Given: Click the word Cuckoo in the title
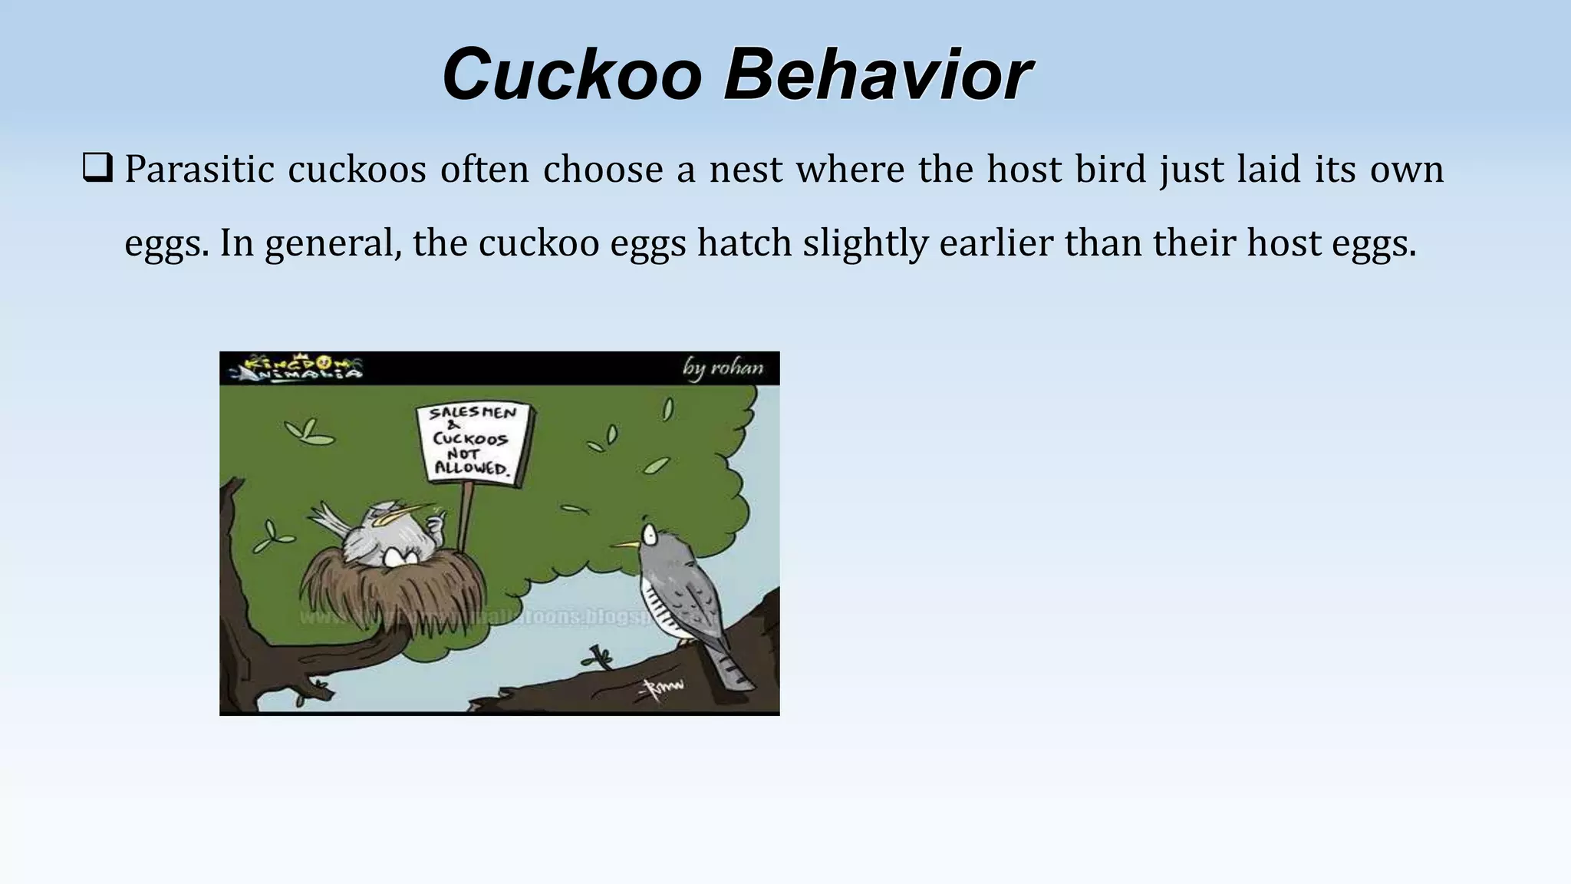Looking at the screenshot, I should [572, 74].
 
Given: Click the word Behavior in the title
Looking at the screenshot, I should [878, 74].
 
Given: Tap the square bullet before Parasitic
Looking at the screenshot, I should [97, 168].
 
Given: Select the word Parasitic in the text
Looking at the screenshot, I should [199, 169].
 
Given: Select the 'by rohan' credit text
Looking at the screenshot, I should [723, 368].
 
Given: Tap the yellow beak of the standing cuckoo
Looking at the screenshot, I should [627, 544].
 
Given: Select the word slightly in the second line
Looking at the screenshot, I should [866, 243].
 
